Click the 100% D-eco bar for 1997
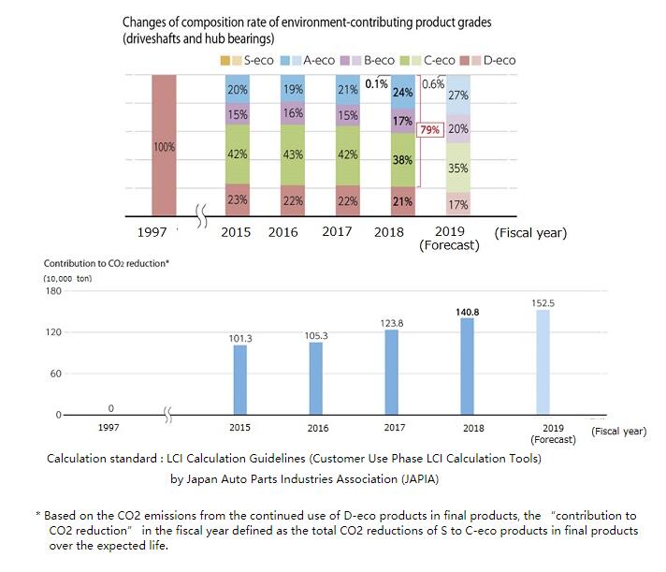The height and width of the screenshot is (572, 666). (164, 147)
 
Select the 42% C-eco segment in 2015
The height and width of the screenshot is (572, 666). (239, 154)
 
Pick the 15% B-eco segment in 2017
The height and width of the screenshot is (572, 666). (347, 115)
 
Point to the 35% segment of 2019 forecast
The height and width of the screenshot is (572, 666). (458, 169)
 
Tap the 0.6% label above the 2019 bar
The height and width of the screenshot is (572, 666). (433, 83)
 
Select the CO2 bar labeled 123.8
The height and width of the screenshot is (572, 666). (392, 372)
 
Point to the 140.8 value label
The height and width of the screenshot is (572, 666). (468, 313)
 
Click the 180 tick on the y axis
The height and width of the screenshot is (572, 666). (51, 291)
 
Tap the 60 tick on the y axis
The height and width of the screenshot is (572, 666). (54, 374)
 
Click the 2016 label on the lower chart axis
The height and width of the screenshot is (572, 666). (317, 428)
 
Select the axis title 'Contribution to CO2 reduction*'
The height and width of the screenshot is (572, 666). (107, 263)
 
